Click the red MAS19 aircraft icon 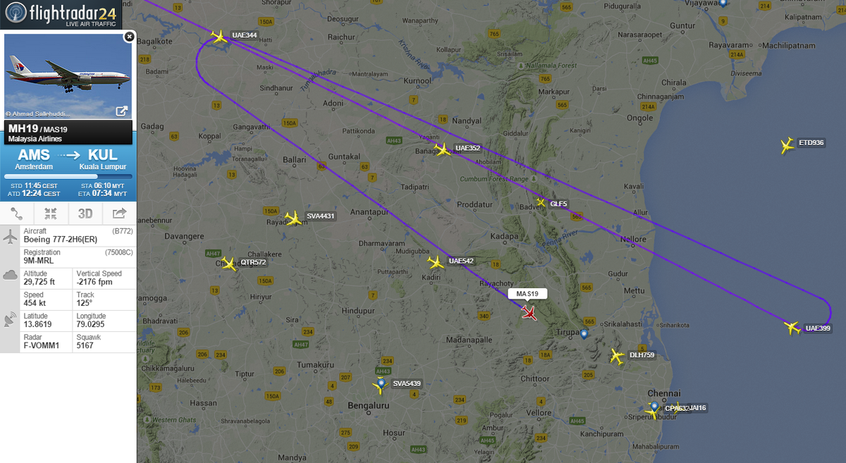(x=529, y=312)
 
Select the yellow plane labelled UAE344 (x=219, y=36)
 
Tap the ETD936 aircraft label (x=811, y=143)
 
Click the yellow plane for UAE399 (x=792, y=328)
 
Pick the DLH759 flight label (x=642, y=355)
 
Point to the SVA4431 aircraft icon (x=293, y=218)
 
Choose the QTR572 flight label (x=253, y=262)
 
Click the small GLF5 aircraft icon (x=541, y=203)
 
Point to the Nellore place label (x=633, y=240)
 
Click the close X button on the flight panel (x=128, y=36)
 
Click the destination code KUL (x=102, y=155)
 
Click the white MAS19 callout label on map (x=527, y=293)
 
